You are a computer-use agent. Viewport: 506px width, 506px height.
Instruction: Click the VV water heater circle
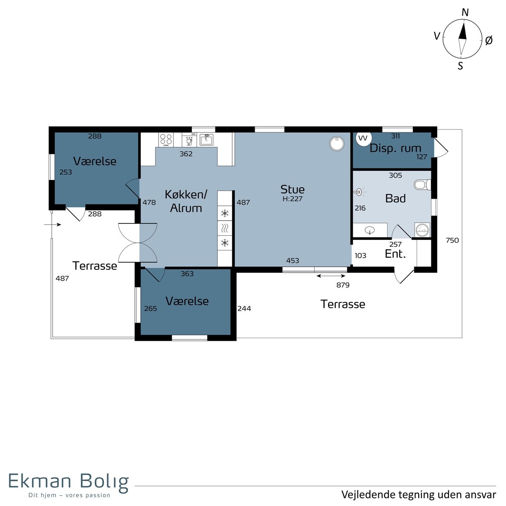(363, 138)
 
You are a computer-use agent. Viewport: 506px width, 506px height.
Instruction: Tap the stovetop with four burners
(166, 140)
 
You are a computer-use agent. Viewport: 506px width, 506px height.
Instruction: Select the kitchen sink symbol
(206, 140)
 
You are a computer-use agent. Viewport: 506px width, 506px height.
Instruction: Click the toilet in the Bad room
(422, 185)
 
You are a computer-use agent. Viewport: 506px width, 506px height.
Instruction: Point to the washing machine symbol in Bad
(422, 230)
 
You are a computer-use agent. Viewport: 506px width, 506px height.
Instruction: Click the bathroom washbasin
(370, 231)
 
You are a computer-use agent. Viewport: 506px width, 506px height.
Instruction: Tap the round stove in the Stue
(337, 144)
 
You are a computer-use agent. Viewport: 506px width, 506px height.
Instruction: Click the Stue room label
(293, 189)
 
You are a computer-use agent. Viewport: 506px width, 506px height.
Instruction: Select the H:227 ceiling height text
(293, 199)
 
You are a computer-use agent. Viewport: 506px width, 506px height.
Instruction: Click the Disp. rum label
(395, 148)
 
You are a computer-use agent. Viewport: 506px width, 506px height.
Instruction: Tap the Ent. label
(395, 254)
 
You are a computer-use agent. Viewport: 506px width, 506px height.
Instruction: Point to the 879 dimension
(343, 285)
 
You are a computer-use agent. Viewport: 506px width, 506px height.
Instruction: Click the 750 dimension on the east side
(452, 240)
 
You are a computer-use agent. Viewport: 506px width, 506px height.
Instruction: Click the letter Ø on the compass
(489, 40)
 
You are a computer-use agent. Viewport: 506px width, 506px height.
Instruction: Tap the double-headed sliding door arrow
(331, 276)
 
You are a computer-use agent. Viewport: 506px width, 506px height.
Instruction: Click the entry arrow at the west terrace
(53, 224)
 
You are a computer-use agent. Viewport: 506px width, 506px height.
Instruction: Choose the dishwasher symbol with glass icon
(189, 140)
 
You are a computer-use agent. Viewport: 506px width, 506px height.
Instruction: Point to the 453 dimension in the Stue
(293, 261)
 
